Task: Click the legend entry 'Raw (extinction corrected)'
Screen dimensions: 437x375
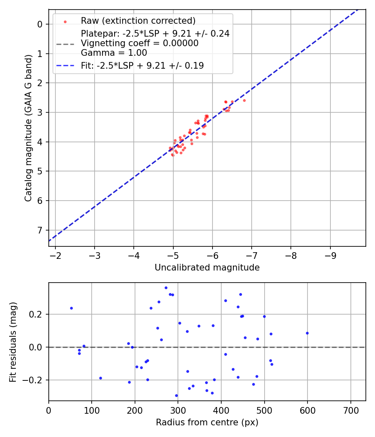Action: pos(138,21)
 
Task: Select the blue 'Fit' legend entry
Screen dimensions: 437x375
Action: pos(142,65)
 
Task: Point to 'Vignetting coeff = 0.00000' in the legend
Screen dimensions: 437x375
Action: pos(140,43)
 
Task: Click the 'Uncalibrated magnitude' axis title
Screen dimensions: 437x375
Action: pos(207,268)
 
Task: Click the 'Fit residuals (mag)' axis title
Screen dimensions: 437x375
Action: pos(13,342)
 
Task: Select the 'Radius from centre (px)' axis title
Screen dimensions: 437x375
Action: pos(207,422)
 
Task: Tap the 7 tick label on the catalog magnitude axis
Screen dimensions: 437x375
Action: pos(40,230)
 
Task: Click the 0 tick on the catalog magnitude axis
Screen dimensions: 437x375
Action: pos(40,24)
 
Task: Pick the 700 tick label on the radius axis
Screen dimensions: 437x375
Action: pos(350,410)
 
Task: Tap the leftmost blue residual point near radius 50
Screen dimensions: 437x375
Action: pos(71,308)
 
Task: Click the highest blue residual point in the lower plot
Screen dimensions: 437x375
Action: pos(166,288)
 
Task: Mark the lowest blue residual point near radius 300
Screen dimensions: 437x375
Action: pos(176,395)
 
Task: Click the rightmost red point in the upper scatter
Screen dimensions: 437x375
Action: pos(244,100)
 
